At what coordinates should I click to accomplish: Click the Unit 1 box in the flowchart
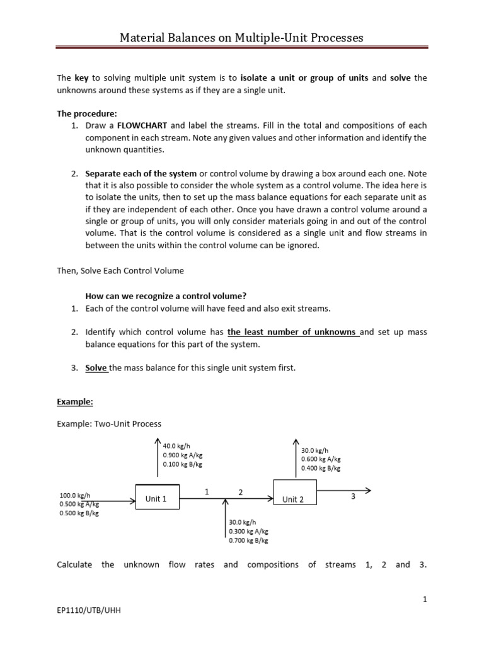click(x=157, y=499)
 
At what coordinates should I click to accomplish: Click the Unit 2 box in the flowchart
click(x=293, y=499)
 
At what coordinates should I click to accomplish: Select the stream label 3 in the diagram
click(x=354, y=497)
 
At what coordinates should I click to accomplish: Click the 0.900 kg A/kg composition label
click(x=183, y=455)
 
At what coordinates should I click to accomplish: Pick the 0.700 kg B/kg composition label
click(x=248, y=540)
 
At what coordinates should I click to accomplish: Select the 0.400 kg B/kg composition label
click(x=321, y=468)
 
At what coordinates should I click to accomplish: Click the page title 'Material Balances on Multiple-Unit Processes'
click(x=242, y=38)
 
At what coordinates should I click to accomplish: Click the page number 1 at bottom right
click(x=425, y=600)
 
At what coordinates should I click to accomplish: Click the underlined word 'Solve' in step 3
click(x=96, y=368)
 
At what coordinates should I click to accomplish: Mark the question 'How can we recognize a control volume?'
click(x=166, y=296)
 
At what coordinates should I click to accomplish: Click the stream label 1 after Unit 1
click(x=206, y=493)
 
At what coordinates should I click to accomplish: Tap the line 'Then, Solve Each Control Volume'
click(x=120, y=271)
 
